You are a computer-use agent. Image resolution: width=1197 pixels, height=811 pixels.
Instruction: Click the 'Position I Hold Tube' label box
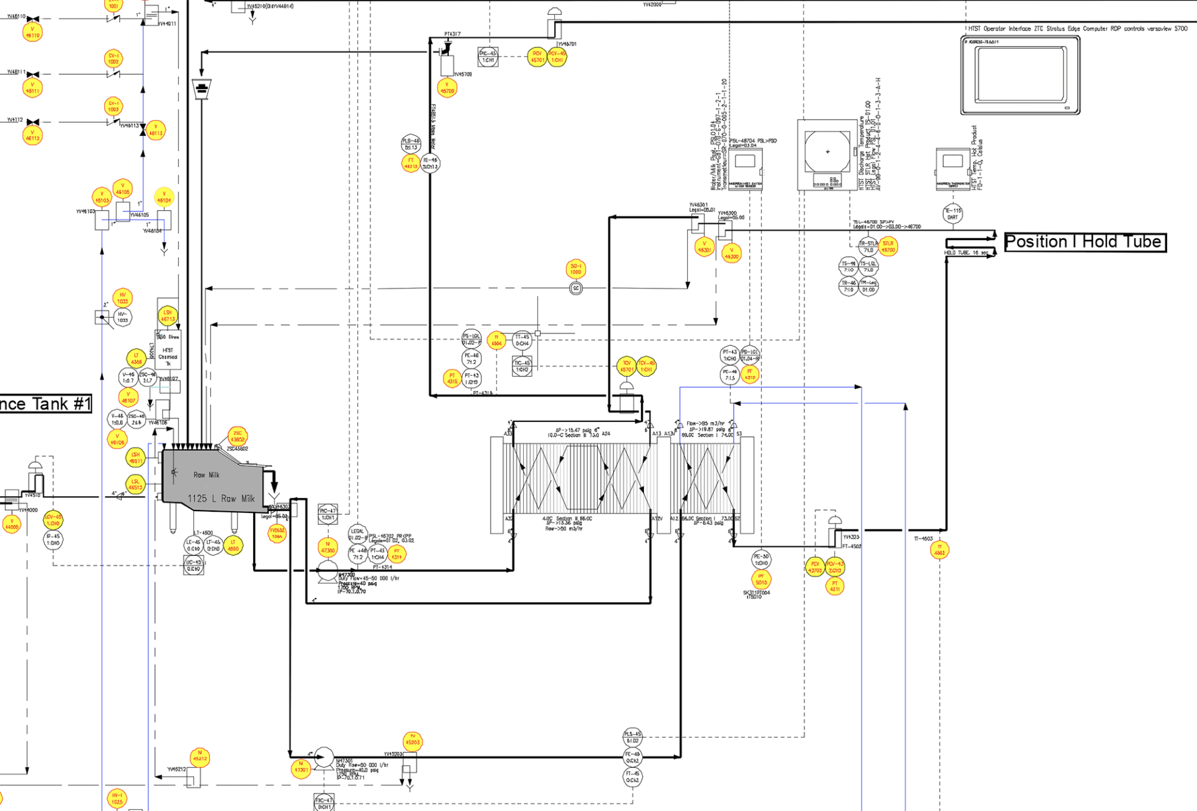(1085, 242)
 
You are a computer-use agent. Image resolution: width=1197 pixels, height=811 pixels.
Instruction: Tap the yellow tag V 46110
(32, 32)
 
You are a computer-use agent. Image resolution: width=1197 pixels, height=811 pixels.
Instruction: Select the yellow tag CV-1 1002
(113, 59)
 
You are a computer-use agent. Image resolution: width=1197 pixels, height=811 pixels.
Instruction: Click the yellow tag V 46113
(156, 130)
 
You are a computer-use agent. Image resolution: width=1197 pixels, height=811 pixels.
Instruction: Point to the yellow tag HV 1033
(123, 298)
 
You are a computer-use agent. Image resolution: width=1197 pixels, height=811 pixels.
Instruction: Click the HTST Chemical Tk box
(168, 353)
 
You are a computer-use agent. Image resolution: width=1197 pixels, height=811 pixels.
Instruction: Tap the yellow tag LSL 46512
(135, 484)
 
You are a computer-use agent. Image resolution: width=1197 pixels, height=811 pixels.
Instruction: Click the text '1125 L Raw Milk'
(221, 499)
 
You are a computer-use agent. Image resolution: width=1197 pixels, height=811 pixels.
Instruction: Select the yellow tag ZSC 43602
(238, 436)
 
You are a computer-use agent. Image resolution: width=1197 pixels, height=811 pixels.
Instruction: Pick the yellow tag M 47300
(328, 547)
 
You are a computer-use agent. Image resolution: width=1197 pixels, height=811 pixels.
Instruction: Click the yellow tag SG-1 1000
(575, 269)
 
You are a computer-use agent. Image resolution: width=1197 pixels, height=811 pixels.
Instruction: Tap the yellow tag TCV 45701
(627, 367)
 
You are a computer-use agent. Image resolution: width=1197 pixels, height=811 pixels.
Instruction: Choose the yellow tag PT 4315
(452, 378)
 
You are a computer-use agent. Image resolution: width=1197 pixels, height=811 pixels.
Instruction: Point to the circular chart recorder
(827, 151)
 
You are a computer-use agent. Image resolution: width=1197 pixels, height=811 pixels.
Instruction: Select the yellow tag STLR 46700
(888, 247)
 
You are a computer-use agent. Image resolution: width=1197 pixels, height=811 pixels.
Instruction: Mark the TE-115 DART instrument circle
(953, 214)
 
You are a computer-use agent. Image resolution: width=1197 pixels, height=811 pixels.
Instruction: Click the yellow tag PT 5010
(761, 580)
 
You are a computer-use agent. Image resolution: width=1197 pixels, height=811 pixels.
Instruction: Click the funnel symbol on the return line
(201, 89)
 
